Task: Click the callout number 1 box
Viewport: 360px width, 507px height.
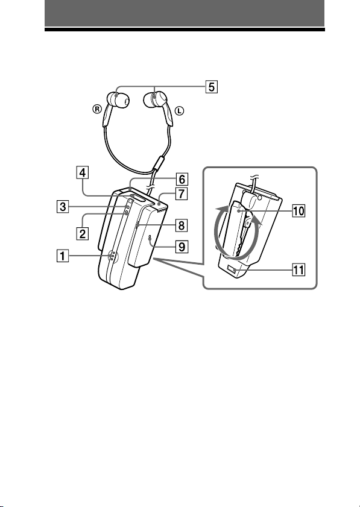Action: (63, 256)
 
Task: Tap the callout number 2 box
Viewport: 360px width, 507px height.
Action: (83, 233)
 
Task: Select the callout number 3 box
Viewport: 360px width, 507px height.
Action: (63, 207)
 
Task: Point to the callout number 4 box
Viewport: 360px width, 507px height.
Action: (83, 172)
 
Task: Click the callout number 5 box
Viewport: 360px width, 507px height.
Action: (211, 87)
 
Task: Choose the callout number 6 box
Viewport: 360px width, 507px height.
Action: (182, 179)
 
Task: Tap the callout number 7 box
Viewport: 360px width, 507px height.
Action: (182, 194)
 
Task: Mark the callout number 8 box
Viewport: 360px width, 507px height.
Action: (182, 225)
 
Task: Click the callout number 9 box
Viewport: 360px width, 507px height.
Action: (182, 247)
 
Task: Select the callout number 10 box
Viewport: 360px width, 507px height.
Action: (298, 211)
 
